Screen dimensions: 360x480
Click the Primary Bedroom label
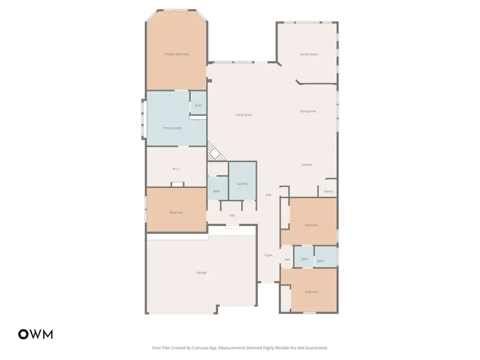pos(177,54)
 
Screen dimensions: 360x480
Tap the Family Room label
pos(308,54)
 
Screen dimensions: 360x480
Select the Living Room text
pos(243,115)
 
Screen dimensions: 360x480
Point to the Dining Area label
pos(308,111)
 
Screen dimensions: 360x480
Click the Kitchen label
pos(307,165)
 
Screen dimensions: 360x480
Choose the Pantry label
pos(329,191)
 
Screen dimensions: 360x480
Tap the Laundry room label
pos(242,184)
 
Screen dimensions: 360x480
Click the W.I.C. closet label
pos(176,169)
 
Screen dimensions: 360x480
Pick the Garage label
pos(201,273)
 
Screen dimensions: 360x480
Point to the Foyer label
pos(269,255)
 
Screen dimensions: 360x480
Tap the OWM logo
pos(36,334)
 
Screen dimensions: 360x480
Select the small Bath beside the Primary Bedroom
pos(198,106)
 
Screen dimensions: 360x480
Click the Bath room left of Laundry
pos(217,191)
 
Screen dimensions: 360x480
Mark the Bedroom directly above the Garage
pos(177,213)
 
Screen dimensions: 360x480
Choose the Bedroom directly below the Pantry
pos(311,225)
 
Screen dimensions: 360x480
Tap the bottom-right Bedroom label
pos(311,292)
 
